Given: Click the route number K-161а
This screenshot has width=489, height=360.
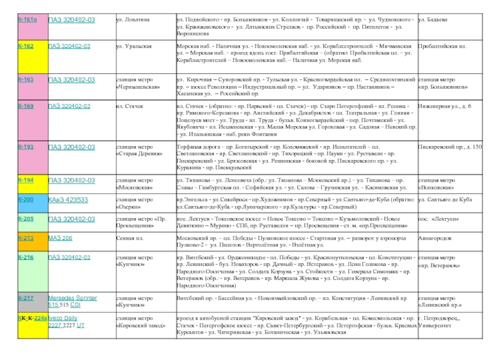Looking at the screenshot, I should pyautogui.click(x=27, y=20).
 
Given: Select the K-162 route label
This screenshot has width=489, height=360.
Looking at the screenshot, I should pyautogui.click(x=26, y=46).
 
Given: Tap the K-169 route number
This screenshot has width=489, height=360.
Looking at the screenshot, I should pyautogui.click(x=26, y=106).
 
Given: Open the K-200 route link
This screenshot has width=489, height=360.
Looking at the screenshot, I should pyautogui.click(x=26, y=200).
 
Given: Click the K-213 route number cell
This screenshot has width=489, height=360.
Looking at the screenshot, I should pyautogui.click(x=26, y=237).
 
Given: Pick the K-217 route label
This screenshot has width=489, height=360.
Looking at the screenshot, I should pyautogui.click(x=26, y=298).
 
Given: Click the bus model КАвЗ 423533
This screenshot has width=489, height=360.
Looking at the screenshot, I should pyautogui.click(x=68, y=200).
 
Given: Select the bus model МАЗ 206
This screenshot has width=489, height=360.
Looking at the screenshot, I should pyautogui.click(x=61, y=237).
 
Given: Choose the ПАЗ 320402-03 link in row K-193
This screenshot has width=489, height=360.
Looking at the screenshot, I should pyautogui.click(x=72, y=147).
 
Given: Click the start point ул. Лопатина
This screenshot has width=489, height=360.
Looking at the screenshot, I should pyautogui.click(x=133, y=20).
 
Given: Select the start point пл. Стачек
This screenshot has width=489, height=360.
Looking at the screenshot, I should pyautogui.click(x=128, y=106).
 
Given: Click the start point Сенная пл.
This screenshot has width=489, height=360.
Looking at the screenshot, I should pyautogui.click(x=129, y=237).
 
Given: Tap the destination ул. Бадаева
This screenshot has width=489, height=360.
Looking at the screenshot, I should pyautogui.click(x=433, y=20).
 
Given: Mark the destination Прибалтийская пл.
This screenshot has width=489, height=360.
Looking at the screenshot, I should pyautogui.click(x=442, y=46).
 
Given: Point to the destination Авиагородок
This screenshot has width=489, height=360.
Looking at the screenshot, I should pyautogui.click(x=435, y=237).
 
